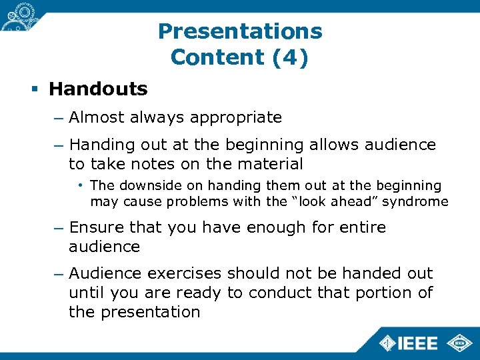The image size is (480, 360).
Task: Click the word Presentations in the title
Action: (x=240, y=31)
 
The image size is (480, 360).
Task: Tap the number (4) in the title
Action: (x=290, y=57)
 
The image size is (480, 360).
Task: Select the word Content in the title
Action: (x=217, y=57)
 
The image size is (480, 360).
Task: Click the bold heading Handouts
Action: (x=98, y=89)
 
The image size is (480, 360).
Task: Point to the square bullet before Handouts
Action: (x=35, y=89)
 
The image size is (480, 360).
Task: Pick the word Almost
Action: (x=96, y=118)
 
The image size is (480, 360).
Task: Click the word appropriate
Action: (x=236, y=118)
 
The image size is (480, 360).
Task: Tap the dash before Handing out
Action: (x=59, y=145)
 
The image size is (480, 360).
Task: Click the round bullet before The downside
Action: (x=79, y=185)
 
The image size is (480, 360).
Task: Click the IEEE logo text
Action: (x=417, y=344)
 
